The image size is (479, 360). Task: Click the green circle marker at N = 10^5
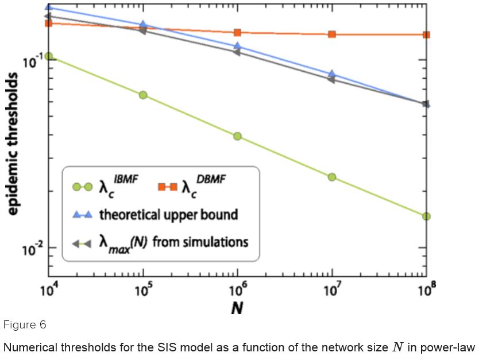[143, 95]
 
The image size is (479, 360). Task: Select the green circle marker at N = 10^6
[237, 136]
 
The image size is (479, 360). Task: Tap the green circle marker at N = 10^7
[332, 177]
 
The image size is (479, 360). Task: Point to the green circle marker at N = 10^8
[426, 216]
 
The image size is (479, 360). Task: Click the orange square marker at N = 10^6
[237, 33]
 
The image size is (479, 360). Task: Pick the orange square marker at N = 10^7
[332, 34]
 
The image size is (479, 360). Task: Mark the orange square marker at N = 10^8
[426, 35]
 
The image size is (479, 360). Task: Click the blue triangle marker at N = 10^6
[237, 46]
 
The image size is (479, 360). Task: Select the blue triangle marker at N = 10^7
[332, 74]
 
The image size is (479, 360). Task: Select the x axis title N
[237, 308]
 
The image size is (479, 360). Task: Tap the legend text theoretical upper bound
[168, 215]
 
